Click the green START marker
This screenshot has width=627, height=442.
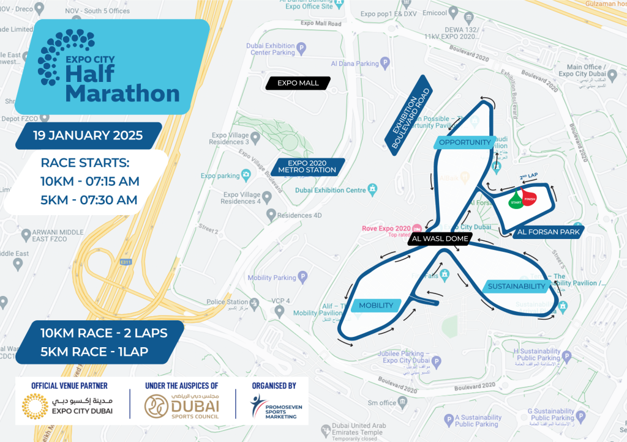tap(516, 202)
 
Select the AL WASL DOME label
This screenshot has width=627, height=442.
tap(440, 239)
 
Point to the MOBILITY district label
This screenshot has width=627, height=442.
tap(376, 305)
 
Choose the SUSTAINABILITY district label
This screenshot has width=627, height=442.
tap(516, 286)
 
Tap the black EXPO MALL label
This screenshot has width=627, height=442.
tap(298, 83)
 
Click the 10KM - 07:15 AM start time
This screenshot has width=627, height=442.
tap(90, 182)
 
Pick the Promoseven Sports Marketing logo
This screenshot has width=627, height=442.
tap(274, 408)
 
